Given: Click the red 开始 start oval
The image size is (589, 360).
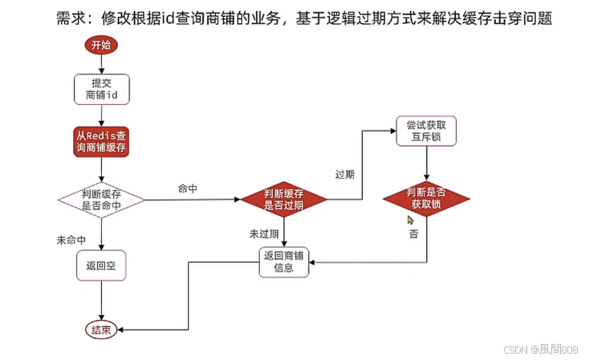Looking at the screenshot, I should pyautogui.click(x=101, y=45).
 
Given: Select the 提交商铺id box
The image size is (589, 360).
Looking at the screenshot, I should pyautogui.click(x=102, y=89).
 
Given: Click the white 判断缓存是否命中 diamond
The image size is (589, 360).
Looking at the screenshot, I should pyautogui.click(x=102, y=200).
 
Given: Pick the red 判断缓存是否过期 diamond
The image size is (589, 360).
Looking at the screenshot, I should pyautogui.click(x=284, y=200).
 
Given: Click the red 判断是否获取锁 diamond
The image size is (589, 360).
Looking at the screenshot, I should pyautogui.click(x=426, y=198).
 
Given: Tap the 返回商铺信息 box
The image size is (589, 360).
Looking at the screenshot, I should pyautogui.click(x=284, y=262).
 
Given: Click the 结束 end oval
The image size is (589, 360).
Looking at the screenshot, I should pyautogui.click(x=102, y=329).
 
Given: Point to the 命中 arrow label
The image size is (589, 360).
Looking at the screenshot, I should pyautogui.click(x=189, y=188).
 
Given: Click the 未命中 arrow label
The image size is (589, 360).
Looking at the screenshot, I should pyautogui.click(x=71, y=241).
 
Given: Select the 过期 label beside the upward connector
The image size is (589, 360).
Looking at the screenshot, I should pyautogui.click(x=345, y=173).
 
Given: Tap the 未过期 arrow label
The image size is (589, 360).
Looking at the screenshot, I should pyautogui.click(x=263, y=233).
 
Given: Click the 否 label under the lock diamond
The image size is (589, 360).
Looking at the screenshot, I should pyautogui.click(x=413, y=234).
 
